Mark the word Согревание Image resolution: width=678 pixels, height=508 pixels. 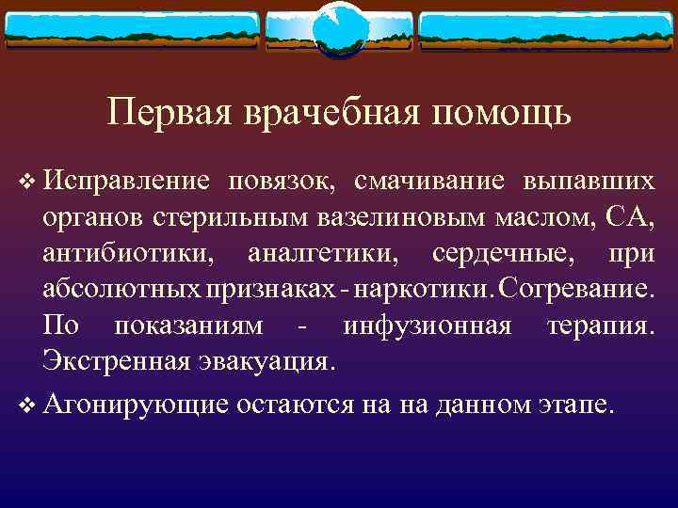coord(574,290)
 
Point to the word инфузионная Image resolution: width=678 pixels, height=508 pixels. coord(428,326)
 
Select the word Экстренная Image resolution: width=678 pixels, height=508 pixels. coord(106,362)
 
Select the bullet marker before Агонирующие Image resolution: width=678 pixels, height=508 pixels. coord(24,405)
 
